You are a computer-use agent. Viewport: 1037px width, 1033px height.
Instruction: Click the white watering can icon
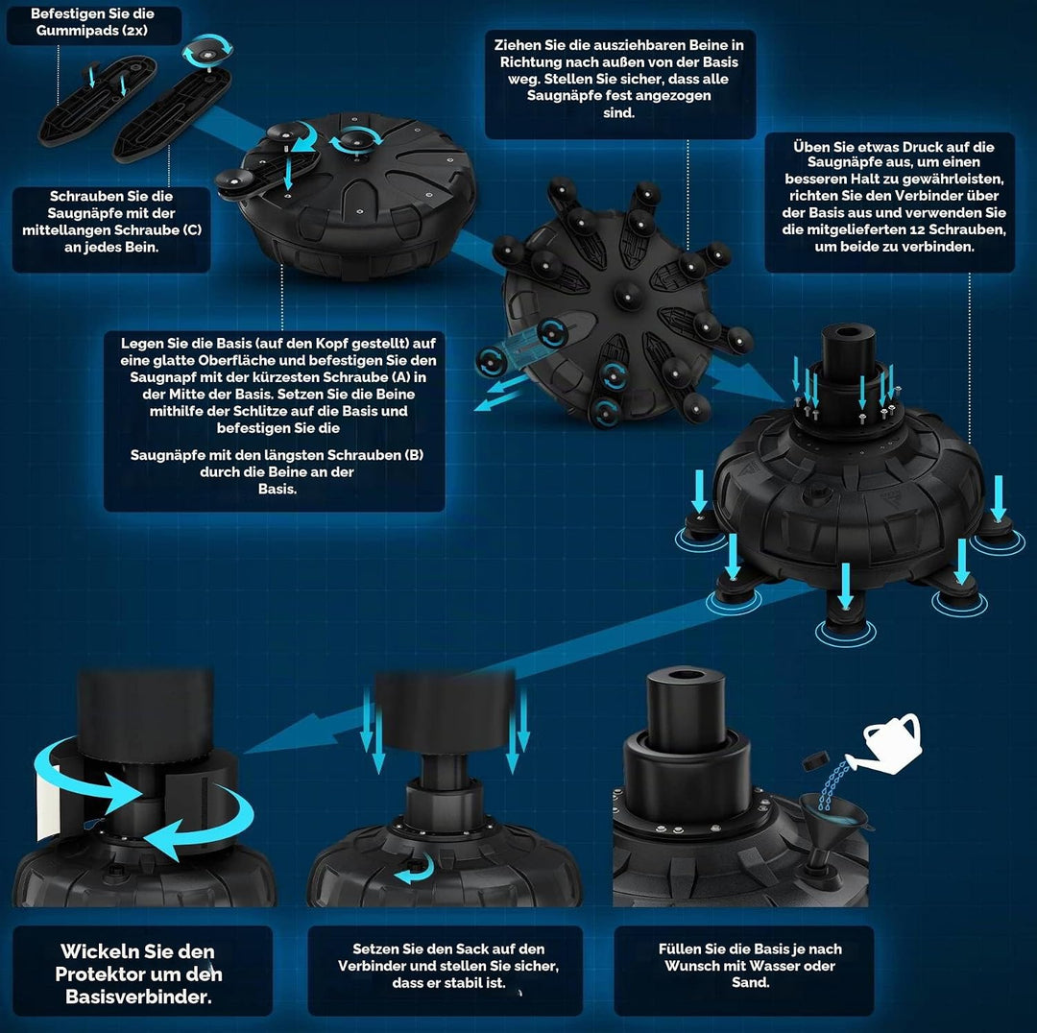[889, 744]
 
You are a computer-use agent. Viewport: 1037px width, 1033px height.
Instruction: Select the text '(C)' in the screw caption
[191, 230]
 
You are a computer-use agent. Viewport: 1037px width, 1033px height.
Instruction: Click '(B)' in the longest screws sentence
[412, 455]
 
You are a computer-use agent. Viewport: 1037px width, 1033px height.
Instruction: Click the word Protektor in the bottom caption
[97, 974]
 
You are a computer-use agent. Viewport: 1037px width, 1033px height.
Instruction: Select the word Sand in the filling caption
[749, 983]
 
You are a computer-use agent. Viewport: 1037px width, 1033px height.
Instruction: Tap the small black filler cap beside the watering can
[817, 760]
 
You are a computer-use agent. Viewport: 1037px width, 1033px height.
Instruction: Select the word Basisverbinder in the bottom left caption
[138, 997]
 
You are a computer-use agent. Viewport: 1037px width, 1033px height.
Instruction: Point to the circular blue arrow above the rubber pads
[207, 50]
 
